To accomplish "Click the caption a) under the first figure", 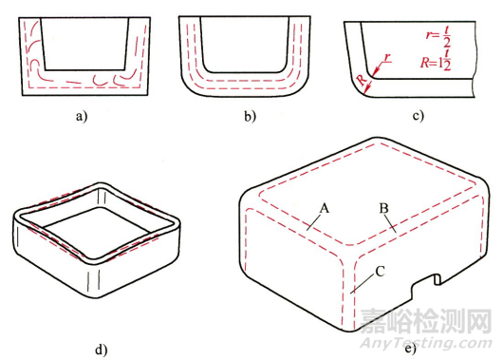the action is (82, 116).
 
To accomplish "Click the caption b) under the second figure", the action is (250, 116).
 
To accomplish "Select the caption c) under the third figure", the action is (418, 116).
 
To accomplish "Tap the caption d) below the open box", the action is (101, 350).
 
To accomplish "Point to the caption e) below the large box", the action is (410, 349).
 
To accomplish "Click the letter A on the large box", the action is (325, 209).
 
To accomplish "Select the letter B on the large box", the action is (383, 208).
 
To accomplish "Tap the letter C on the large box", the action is (380, 272).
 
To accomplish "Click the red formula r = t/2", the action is (438, 36).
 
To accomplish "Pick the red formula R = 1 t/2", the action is (436, 61).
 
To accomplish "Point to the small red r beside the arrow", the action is (387, 58).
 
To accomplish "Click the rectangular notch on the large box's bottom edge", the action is (423, 286).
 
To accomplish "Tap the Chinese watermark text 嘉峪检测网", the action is (426, 321).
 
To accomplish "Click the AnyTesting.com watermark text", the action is (426, 343).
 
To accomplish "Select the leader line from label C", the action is (363, 284).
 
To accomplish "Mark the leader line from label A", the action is (313, 222).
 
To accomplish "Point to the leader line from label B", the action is (390, 224).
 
